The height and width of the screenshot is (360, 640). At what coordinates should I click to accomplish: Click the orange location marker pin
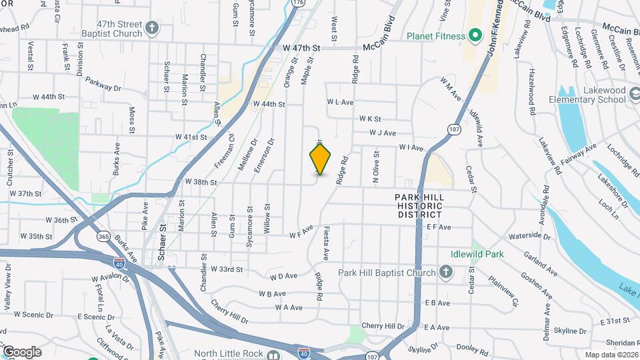click(x=320, y=159)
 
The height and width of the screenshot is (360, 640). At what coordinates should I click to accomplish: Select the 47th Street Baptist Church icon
click(x=153, y=28)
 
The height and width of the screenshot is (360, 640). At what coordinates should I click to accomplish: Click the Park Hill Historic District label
click(x=419, y=206)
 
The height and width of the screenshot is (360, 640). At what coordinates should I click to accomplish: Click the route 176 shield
click(x=298, y=3)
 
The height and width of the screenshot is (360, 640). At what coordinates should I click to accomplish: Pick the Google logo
click(x=21, y=351)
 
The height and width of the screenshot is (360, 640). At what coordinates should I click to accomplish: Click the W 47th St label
click(x=301, y=48)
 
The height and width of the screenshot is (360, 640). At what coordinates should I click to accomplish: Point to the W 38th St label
click(x=201, y=182)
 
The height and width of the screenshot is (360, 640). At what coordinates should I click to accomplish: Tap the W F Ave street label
click(x=301, y=235)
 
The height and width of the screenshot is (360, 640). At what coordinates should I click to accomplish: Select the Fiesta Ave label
click(x=327, y=245)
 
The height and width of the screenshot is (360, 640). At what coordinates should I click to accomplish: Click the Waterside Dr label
click(x=528, y=236)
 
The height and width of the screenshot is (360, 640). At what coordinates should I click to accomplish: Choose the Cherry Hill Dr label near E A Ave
click(x=383, y=326)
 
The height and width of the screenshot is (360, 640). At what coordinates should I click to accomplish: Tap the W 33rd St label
click(x=226, y=269)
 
